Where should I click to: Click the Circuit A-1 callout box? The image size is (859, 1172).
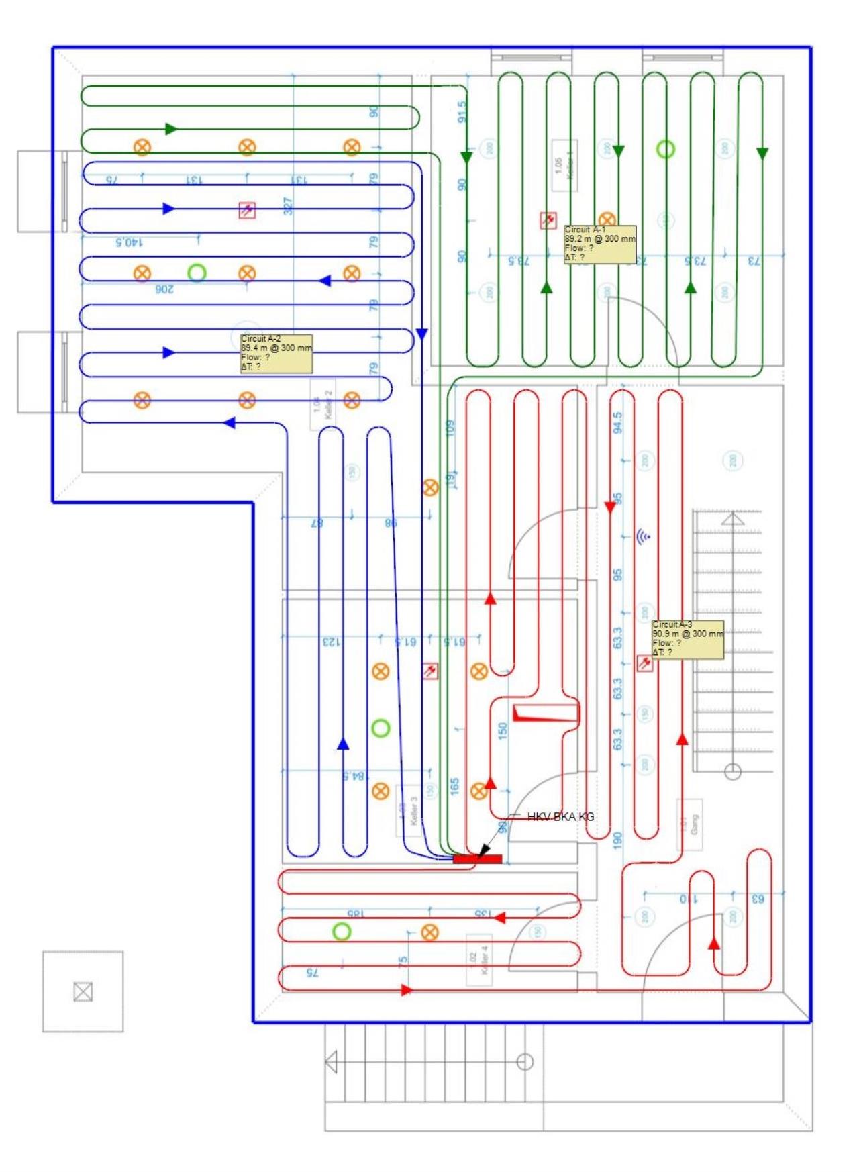(599, 244)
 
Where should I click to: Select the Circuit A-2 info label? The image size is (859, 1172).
(276, 353)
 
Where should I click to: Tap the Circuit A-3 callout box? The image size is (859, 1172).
(687, 639)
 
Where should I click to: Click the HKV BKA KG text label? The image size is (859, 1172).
(560, 816)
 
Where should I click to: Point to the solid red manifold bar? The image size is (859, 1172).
(477, 859)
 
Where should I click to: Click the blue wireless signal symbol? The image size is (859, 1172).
(643, 536)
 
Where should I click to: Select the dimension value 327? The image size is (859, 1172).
(288, 206)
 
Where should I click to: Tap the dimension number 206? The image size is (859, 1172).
(164, 289)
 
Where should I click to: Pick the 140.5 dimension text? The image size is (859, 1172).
(129, 242)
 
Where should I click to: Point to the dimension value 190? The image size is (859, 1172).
(617, 839)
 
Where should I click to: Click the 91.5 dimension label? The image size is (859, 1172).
(462, 112)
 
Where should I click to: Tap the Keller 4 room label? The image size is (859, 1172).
(479, 960)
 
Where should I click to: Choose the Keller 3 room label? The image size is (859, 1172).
(409, 810)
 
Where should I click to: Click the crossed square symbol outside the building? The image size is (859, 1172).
(83, 991)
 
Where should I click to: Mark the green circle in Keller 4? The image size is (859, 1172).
(342, 932)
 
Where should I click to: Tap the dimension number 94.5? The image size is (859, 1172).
(617, 422)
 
